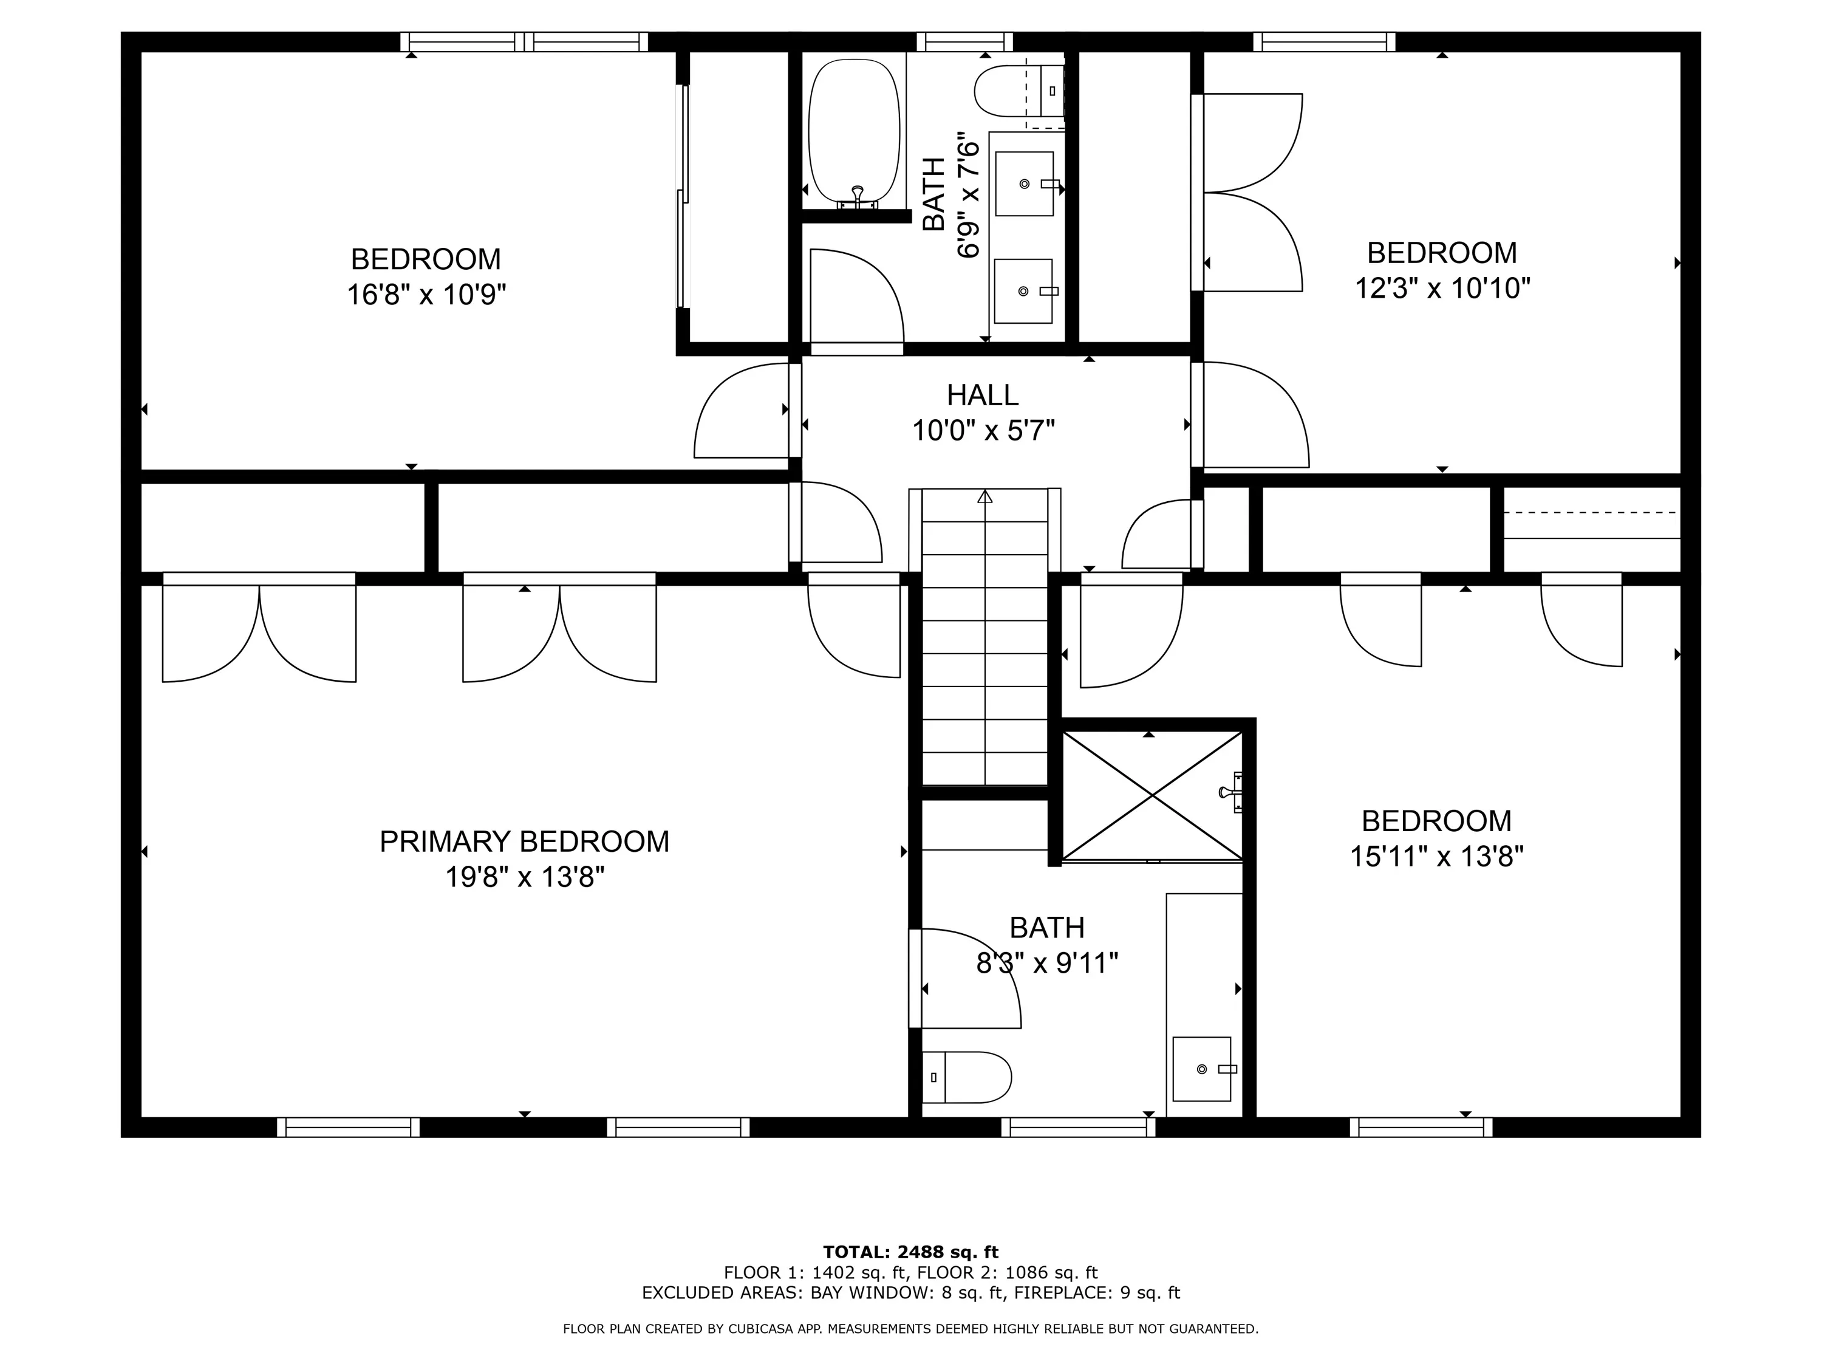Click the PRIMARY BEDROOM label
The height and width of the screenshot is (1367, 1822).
524,841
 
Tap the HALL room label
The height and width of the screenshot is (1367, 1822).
983,395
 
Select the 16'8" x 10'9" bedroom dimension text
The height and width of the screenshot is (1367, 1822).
426,294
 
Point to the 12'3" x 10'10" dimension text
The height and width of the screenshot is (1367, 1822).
1442,287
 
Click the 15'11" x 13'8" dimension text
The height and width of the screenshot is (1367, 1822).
1436,856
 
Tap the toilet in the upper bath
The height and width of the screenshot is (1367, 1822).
1019,91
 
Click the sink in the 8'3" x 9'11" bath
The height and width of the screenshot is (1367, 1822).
1203,1069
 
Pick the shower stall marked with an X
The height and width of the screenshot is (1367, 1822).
1152,795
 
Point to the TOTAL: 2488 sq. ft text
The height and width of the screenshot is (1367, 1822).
911,1252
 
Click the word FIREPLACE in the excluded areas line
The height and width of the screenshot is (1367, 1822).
1063,1293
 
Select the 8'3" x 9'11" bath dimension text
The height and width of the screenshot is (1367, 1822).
1047,962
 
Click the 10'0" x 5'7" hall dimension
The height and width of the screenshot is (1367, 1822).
983,430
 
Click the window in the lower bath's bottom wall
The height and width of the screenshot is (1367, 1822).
1078,1127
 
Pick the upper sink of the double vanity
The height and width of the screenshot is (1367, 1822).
1025,183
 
